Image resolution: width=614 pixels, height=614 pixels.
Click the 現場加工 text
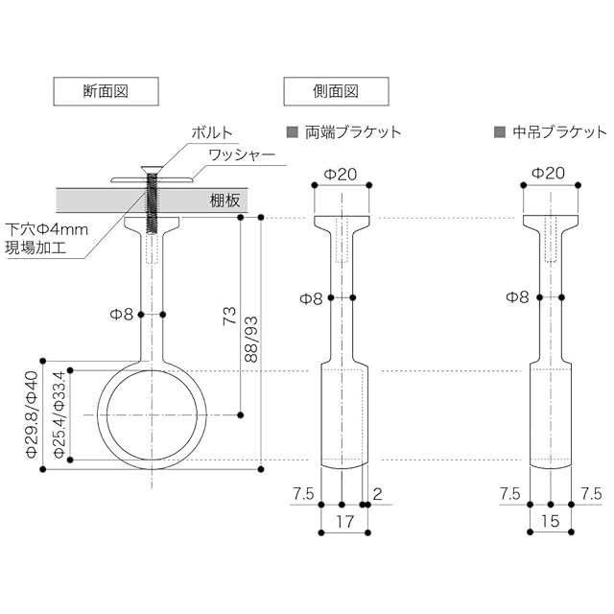click(x=34, y=249)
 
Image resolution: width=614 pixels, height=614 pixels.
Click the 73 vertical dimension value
click(x=229, y=318)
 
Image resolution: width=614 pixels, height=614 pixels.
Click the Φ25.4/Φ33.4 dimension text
click(x=59, y=414)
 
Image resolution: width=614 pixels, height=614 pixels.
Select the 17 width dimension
click(x=342, y=522)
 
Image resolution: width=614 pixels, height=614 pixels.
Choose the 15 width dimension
click(x=551, y=522)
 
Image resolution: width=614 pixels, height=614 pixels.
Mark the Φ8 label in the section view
click(x=122, y=313)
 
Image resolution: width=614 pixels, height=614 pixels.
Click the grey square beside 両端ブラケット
click(x=292, y=132)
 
